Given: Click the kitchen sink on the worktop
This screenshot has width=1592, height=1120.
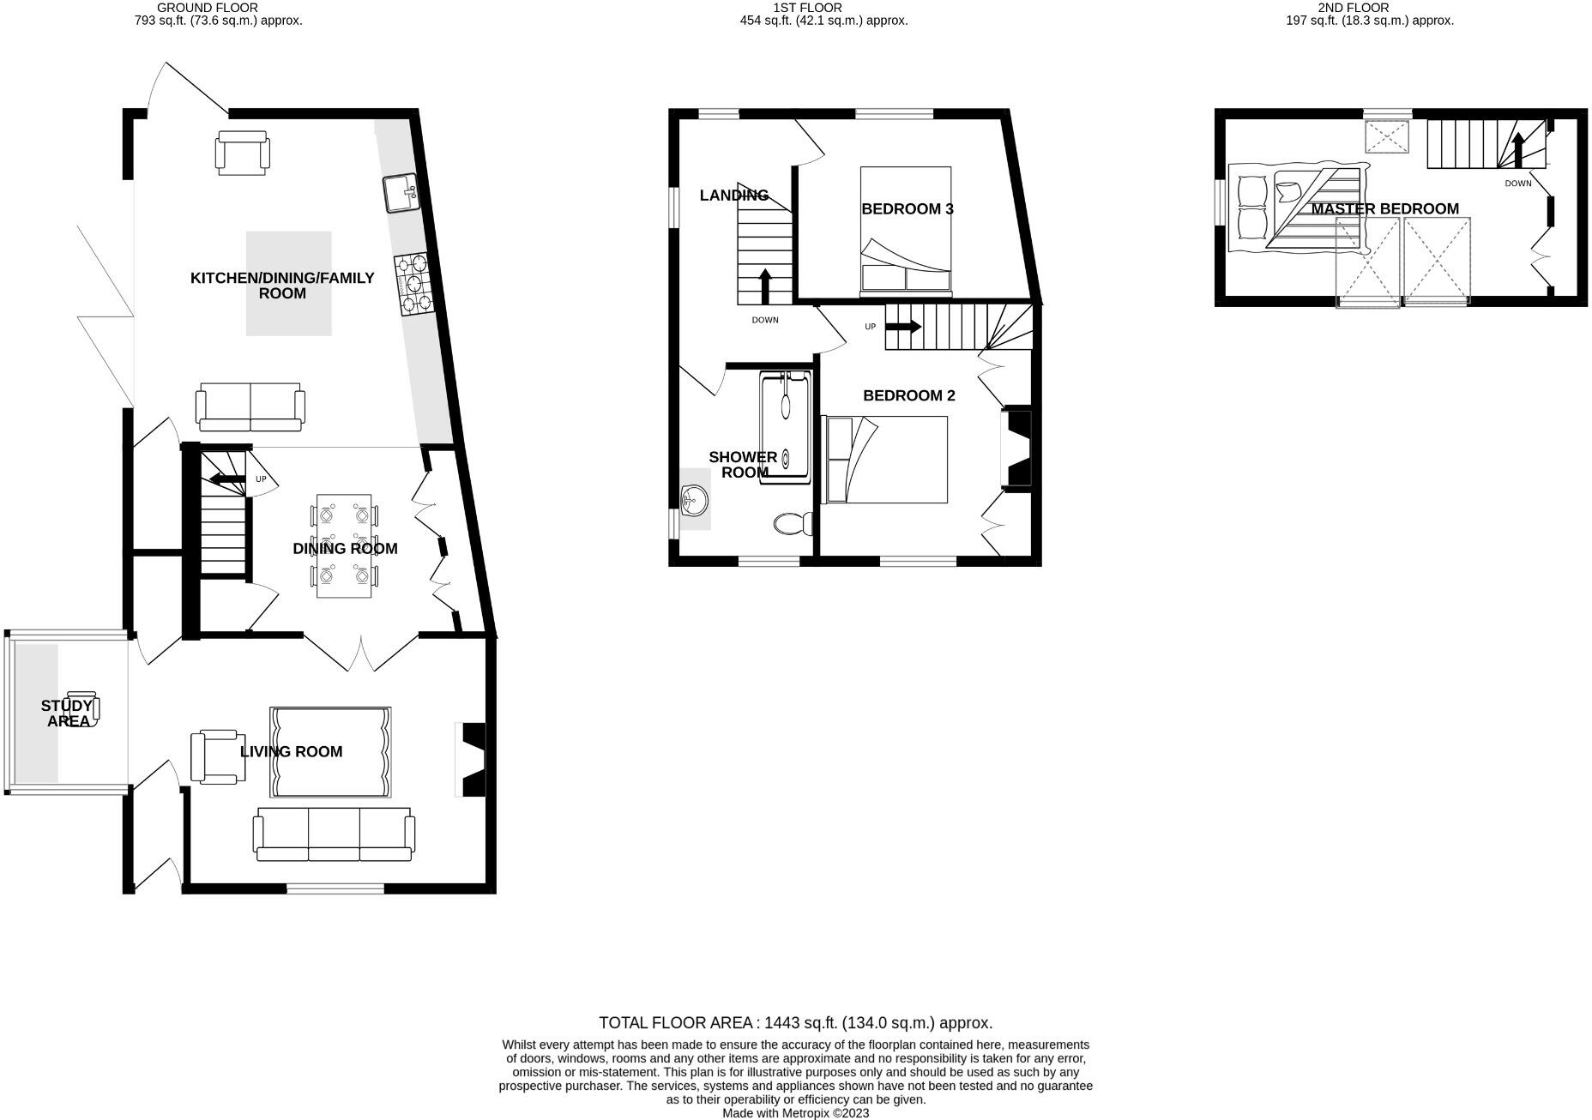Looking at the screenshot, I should pyautogui.click(x=401, y=193).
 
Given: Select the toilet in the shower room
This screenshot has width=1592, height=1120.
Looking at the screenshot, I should pyautogui.click(x=793, y=523).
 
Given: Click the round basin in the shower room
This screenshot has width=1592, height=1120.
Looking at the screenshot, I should pyautogui.click(x=693, y=498).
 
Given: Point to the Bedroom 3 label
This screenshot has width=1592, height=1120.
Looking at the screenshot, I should pyautogui.click(x=907, y=209).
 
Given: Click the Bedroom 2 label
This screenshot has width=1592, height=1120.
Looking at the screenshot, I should pyautogui.click(x=908, y=395).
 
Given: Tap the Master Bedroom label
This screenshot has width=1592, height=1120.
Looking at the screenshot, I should pyautogui.click(x=1384, y=209).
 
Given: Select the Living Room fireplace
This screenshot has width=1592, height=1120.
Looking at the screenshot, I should pyautogui.click(x=473, y=760).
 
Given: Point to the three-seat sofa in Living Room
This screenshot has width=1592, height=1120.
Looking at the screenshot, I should pyautogui.click(x=334, y=834).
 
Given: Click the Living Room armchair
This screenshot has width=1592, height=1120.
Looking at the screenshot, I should pyautogui.click(x=217, y=756).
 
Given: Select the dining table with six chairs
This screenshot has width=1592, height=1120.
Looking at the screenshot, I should pyautogui.click(x=344, y=545).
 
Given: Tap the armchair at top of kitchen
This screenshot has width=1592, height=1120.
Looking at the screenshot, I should pyautogui.click(x=243, y=153).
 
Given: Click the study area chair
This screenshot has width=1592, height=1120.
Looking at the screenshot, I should pyautogui.click(x=83, y=709).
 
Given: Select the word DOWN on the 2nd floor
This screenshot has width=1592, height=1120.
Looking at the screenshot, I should pyautogui.click(x=1517, y=184).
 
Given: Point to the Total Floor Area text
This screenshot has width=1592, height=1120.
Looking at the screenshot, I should pyautogui.click(x=795, y=1022).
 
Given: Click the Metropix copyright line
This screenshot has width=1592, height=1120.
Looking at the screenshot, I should pyautogui.click(x=795, y=1113).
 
